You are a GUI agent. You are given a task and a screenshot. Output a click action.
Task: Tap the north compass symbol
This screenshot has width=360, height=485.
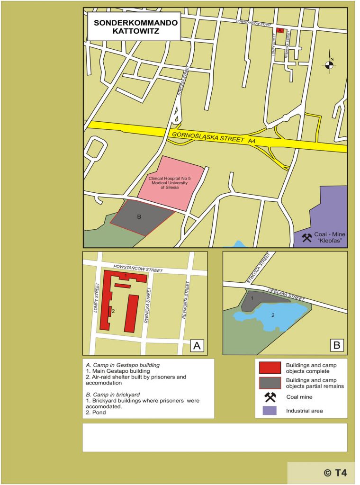(x=330, y=65)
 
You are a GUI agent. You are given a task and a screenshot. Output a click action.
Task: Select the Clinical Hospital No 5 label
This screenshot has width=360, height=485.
(x=169, y=183)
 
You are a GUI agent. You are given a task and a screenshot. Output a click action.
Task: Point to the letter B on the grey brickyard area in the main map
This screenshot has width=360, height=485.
(x=139, y=217)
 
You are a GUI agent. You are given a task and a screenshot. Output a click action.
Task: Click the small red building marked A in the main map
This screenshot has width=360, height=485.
(x=279, y=30)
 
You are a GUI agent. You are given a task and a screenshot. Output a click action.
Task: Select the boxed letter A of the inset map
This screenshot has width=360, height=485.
(x=197, y=345)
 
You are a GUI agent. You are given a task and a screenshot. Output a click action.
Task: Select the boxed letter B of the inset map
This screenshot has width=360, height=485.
(x=337, y=345)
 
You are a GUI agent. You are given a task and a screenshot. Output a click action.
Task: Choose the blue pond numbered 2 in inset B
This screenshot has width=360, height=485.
(x=277, y=314)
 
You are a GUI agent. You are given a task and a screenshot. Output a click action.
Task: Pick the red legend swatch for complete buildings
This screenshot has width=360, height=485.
(x=270, y=368)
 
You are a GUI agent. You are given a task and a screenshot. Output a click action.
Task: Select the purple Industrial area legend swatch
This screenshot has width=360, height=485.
(x=270, y=411)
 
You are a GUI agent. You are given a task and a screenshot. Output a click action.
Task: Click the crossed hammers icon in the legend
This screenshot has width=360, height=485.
(x=270, y=397)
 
